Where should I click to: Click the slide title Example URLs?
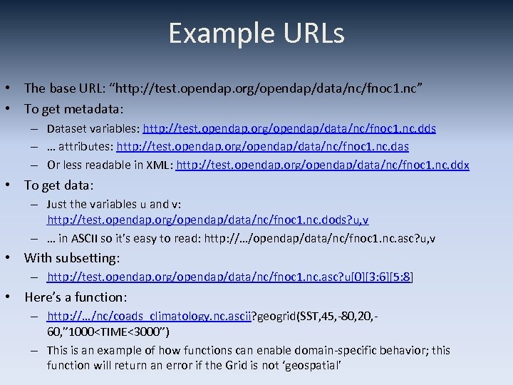click(256, 34)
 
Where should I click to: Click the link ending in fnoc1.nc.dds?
click(289, 129)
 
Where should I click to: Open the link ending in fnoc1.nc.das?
click(263, 147)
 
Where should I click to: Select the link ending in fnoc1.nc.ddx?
click(323, 165)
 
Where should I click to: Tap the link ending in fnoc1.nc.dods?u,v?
click(208, 220)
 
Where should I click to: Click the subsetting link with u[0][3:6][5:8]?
click(230, 277)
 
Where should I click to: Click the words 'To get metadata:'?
click(74, 109)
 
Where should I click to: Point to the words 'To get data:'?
click(58, 185)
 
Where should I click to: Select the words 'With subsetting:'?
click(72, 257)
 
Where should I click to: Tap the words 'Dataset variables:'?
click(93, 129)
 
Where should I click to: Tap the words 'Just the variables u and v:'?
click(113, 204)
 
